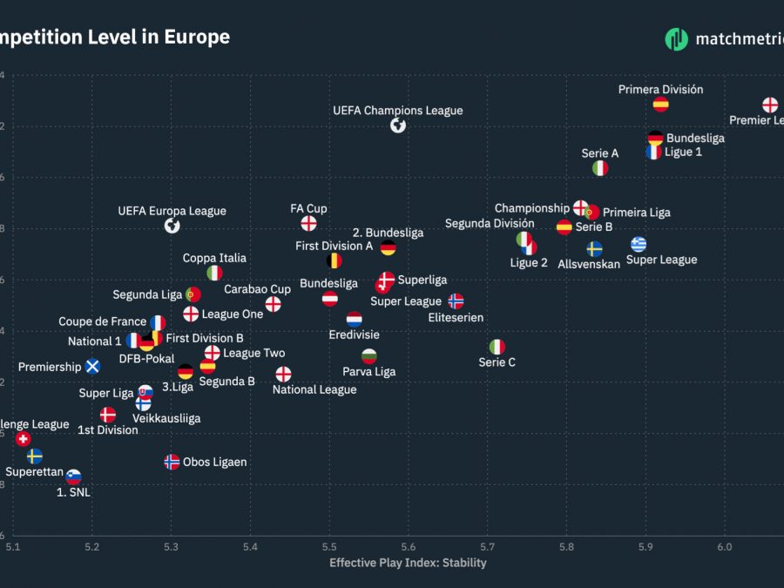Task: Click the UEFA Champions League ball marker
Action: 398,125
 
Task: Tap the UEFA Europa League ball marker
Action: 172,226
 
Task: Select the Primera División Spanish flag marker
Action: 660,105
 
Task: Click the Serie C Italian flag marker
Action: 497,347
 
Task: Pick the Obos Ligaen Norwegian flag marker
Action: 172,462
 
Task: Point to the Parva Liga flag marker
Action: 369,356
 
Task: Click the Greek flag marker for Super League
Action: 639,244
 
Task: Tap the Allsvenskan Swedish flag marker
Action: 594,249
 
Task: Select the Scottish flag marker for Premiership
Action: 92,367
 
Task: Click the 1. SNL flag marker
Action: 74,476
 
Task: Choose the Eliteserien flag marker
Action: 456,301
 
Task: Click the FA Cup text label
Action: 308,209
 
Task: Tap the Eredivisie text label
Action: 354,335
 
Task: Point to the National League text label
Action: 314,390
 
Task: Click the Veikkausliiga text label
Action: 166,418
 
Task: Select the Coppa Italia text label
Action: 214,259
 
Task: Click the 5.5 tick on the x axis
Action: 329,546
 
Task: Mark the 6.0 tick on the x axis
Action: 724,546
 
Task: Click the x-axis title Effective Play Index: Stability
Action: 408,564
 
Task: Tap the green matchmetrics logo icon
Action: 676,38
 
